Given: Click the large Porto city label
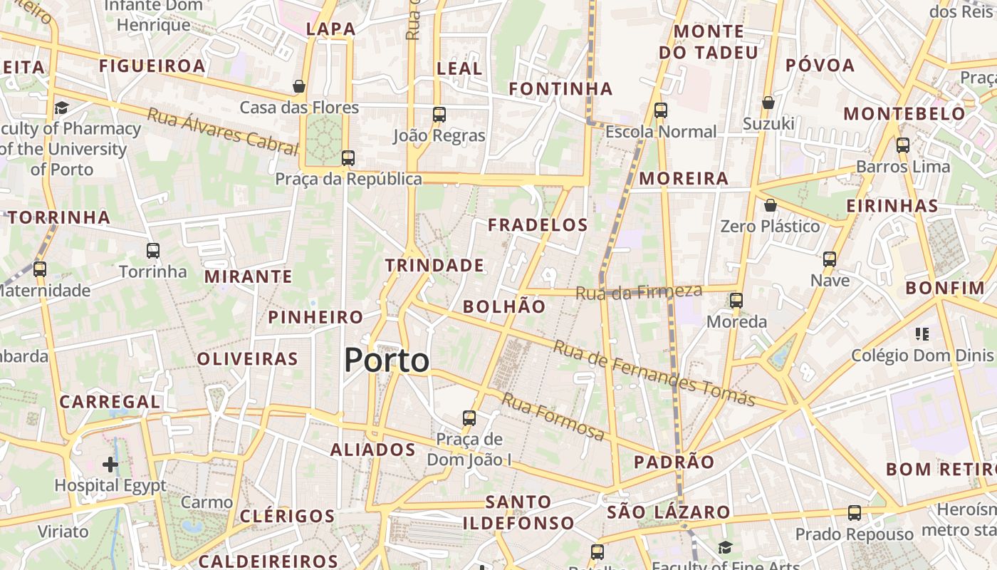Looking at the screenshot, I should click(x=387, y=361).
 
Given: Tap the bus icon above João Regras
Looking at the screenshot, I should click(x=439, y=114).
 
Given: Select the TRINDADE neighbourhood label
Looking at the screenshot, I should click(x=434, y=266).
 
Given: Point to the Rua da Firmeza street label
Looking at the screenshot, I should click(x=639, y=291).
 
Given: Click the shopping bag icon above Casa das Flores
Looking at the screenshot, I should click(x=299, y=86).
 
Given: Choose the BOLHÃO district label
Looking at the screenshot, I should click(x=504, y=307).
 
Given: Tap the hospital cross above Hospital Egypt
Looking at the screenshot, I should click(x=110, y=465).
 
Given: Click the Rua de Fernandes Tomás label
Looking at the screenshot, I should click(x=654, y=373).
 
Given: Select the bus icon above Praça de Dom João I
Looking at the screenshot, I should click(x=469, y=418).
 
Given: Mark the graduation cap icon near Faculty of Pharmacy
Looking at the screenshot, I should click(x=61, y=108).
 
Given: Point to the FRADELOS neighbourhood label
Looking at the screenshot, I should click(x=538, y=225).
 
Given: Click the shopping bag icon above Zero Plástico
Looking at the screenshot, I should click(x=770, y=206).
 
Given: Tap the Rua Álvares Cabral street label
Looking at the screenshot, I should click(x=222, y=131).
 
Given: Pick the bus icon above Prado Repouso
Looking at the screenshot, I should click(x=855, y=512).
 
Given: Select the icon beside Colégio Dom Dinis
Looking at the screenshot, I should click(x=922, y=333).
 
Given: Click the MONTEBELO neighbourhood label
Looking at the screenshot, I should click(x=904, y=114).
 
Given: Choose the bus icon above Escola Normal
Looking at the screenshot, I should click(x=661, y=110).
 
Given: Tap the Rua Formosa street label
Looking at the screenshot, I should click(x=553, y=416).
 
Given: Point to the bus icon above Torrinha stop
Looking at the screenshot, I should click(x=153, y=250).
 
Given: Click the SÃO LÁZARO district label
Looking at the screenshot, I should click(x=668, y=512).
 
